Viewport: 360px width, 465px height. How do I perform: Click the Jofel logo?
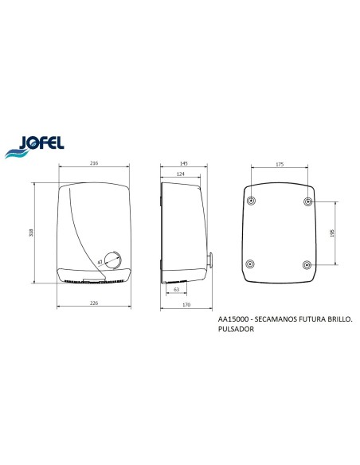tap(34, 147)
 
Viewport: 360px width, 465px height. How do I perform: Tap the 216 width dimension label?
tap(94, 162)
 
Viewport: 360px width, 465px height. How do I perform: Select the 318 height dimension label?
tap(31, 232)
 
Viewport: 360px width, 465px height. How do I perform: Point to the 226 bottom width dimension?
tap(94, 303)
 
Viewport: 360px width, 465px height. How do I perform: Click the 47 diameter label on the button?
tap(100, 262)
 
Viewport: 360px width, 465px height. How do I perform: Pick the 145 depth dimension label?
tap(184, 163)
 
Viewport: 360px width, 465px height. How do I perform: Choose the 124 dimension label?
tap(180, 174)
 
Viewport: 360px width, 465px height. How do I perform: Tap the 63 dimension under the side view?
tap(177, 290)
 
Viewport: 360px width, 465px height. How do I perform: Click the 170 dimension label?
tap(186, 305)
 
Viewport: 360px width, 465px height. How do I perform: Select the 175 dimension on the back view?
tap(280, 164)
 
